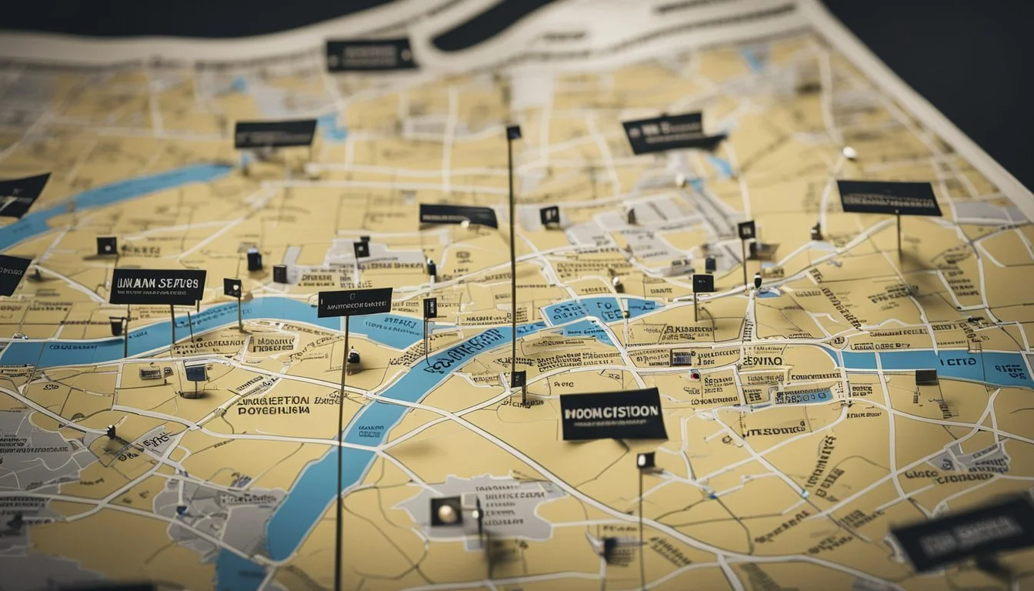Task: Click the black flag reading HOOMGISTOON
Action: click(613, 414)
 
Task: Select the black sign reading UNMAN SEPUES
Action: click(158, 286)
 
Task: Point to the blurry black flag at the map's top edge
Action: click(370, 55)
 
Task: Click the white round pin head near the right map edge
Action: click(849, 152)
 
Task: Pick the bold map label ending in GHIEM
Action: click(273, 406)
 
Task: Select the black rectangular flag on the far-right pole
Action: click(889, 198)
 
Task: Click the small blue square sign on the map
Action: click(195, 373)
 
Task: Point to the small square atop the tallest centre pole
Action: click(513, 132)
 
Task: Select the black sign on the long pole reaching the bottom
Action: click(355, 302)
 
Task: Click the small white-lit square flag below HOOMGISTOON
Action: click(645, 460)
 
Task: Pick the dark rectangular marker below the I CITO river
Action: click(926, 376)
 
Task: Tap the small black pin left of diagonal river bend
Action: click(354, 356)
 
